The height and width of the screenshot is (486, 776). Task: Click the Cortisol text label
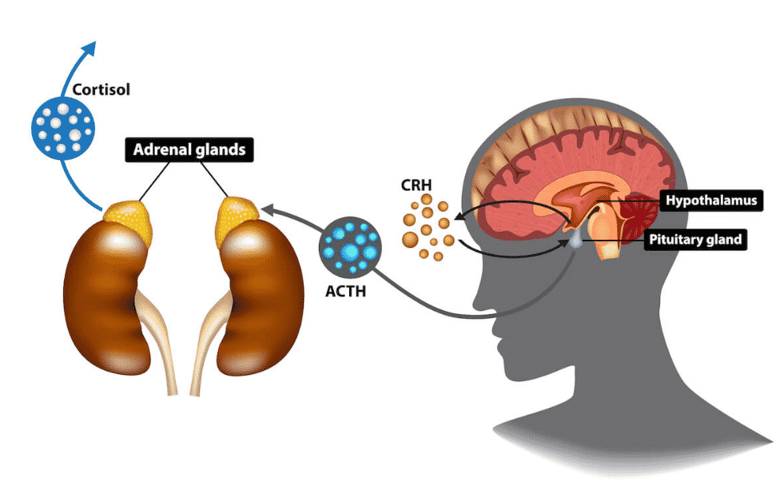[100, 90]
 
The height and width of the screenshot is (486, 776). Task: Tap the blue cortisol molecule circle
[63, 127]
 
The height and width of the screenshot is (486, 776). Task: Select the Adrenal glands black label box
[182, 149]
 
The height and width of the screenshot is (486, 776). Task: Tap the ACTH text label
[345, 291]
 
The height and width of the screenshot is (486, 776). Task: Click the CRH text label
[416, 186]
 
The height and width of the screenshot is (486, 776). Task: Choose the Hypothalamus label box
[708, 200]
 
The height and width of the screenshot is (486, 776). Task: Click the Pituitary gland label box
[695, 238]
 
